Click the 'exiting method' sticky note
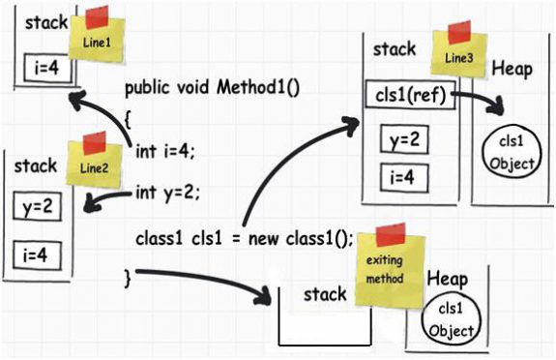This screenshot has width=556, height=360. pos(384,261)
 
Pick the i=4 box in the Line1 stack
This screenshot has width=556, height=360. pos(44,70)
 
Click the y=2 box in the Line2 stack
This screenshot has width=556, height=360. pos(36,207)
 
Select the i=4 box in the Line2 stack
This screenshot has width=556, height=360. pos(36,255)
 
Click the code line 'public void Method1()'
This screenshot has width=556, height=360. pos(213,88)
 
